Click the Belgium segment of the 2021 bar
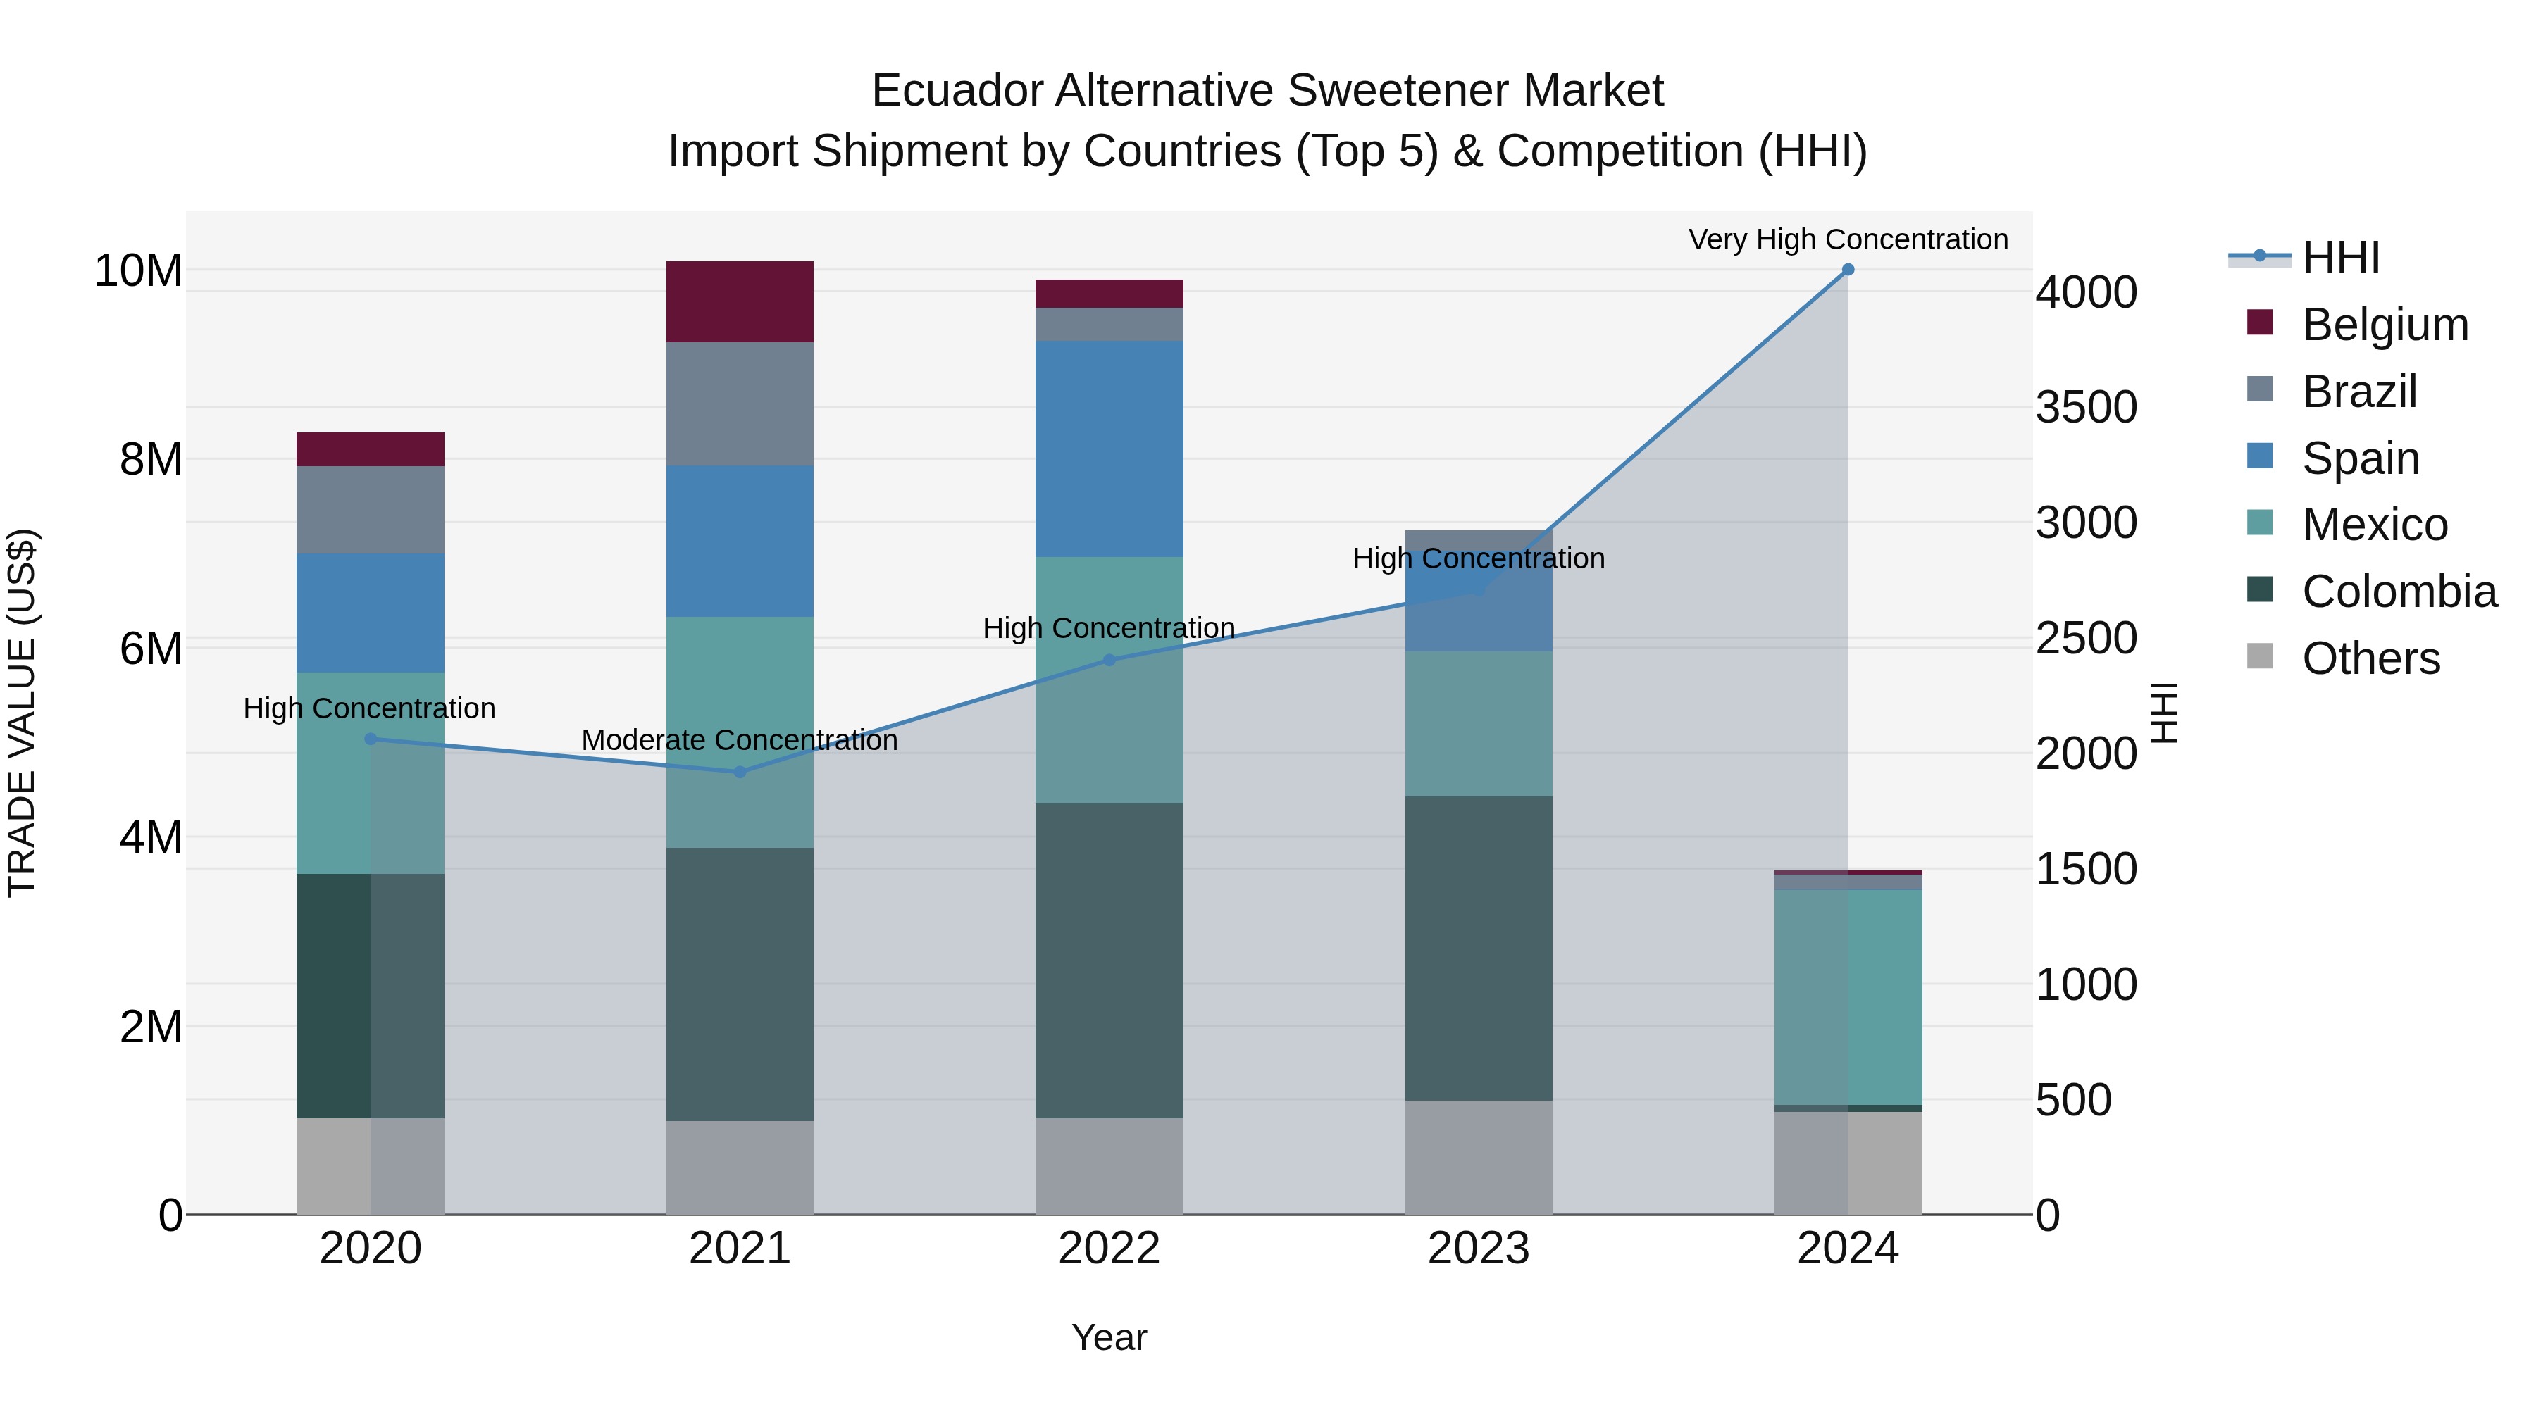[740, 301]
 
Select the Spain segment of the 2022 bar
[1109, 449]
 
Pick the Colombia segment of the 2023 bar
[1478, 948]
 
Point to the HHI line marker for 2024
[1848, 270]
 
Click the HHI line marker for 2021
[740, 772]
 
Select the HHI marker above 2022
[1109, 661]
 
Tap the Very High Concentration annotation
[1848, 239]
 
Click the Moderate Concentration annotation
[740, 740]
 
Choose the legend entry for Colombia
[2398, 592]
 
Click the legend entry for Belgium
[2385, 325]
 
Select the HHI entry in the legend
[2340, 258]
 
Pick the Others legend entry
[2370, 658]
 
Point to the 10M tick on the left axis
[138, 270]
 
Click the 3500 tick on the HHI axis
[2086, 408]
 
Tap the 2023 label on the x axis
[1478, 1249]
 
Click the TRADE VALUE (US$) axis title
[22, 713]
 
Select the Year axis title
[1109, 1337]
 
